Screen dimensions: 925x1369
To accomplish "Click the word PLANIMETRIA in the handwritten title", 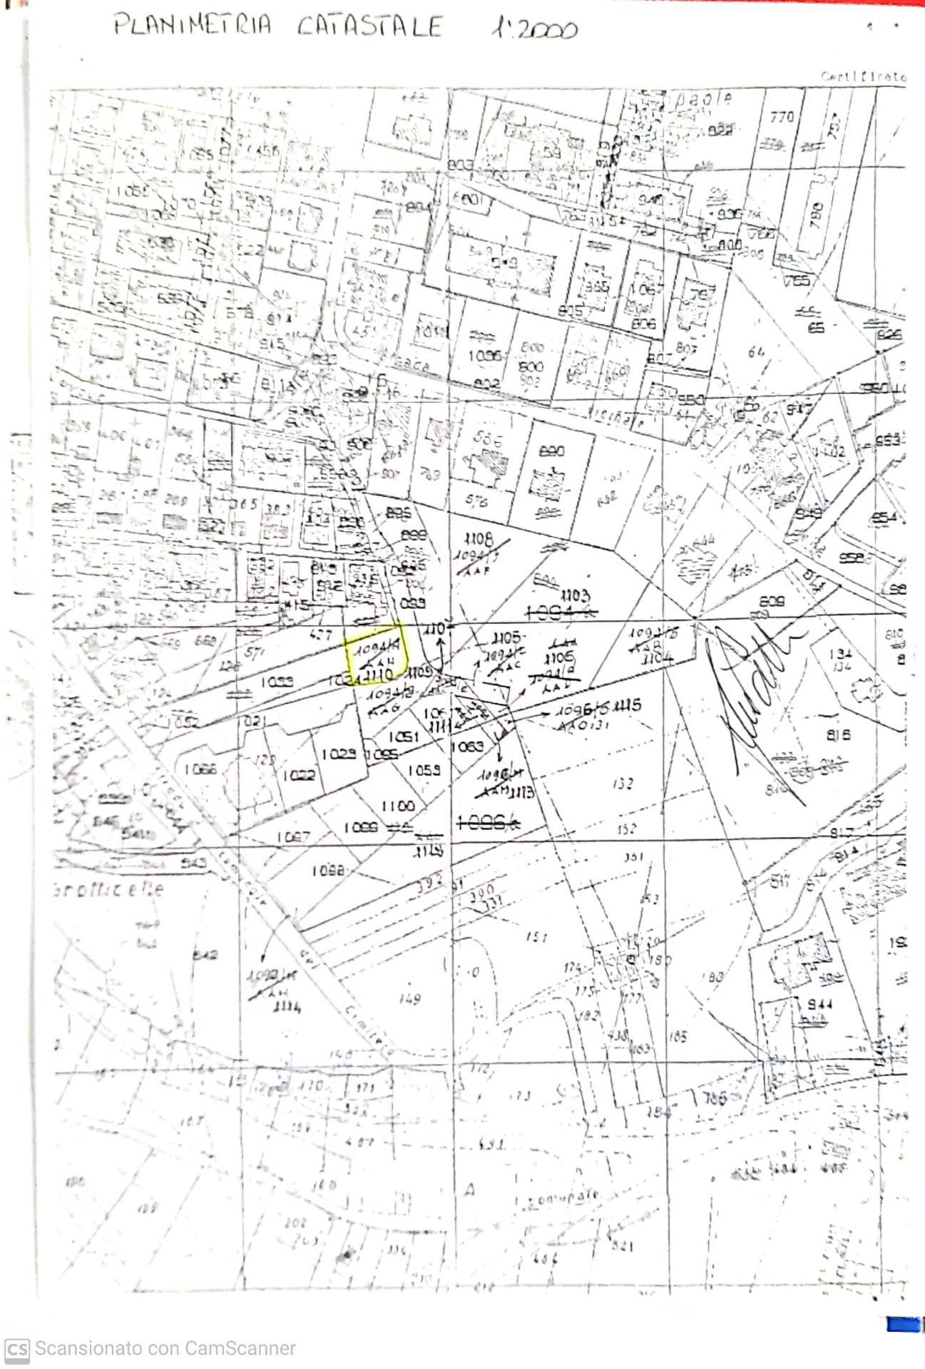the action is (x=193, y=26).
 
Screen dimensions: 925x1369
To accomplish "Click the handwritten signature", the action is (x=756, y=692).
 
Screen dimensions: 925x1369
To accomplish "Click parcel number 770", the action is (x=782, y=116).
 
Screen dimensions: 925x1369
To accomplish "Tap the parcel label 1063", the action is (x=468, y=746).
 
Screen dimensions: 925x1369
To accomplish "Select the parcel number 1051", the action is (x=403, y=737).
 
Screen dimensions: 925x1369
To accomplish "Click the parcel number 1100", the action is (x=397, y=806).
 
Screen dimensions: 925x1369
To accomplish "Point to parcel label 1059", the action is (x=424, y=770).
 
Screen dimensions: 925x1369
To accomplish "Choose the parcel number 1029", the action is (x=339, y=754).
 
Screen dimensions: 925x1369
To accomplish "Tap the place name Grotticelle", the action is (x=108, y=889).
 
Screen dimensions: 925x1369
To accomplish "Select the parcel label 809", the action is (x=772, y=601).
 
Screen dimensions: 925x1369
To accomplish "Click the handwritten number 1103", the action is (x=574, y=594).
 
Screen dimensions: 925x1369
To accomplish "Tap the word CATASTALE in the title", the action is (x=369, y=27).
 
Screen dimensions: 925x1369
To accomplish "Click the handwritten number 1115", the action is (x=628, y=705).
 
